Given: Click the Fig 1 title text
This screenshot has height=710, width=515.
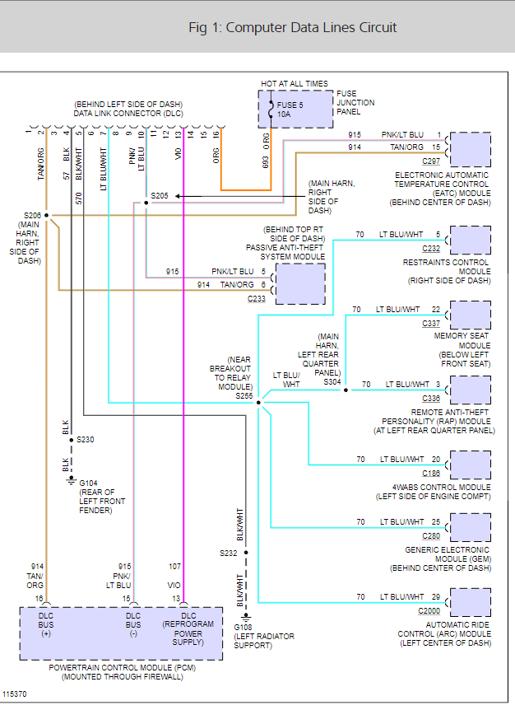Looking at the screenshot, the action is tap(293, 28).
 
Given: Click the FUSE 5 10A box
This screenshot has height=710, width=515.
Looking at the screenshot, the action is tap(295, 109).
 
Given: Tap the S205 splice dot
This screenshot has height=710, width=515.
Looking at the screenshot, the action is tap(146, 203).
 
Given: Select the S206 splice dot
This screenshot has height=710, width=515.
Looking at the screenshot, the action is tap(47, 216).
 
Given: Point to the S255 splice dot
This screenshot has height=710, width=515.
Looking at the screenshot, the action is tap(258, 403).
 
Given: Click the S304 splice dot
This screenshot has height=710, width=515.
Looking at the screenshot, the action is tap(346, 390).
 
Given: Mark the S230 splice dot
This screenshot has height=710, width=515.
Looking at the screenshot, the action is tap(72, 440).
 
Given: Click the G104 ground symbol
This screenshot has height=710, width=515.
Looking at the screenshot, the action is tap(72, 481).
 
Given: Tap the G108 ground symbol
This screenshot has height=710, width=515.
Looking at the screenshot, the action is tap(246, 618).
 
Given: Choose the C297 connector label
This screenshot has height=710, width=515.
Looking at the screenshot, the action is tap(431, 161).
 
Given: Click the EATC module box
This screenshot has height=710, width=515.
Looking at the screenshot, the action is tap(471, 149).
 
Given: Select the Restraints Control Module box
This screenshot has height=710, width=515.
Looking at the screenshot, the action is tap(471, 240).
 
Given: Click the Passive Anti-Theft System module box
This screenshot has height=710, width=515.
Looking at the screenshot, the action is tap(300, 284).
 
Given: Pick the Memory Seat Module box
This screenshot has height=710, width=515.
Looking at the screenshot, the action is tap(471, 315).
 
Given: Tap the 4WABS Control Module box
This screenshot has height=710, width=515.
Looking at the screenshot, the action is tap(471, 465).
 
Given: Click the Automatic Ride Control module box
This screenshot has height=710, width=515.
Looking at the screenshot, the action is tap(471, 602).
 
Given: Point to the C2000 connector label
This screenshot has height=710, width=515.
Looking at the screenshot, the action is tap(429, 611).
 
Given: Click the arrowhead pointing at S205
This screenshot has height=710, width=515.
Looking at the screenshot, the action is tap(179, 196).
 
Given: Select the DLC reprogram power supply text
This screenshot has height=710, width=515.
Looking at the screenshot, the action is tap(188, 629).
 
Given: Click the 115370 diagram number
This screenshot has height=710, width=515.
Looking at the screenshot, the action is tap(15, 694).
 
